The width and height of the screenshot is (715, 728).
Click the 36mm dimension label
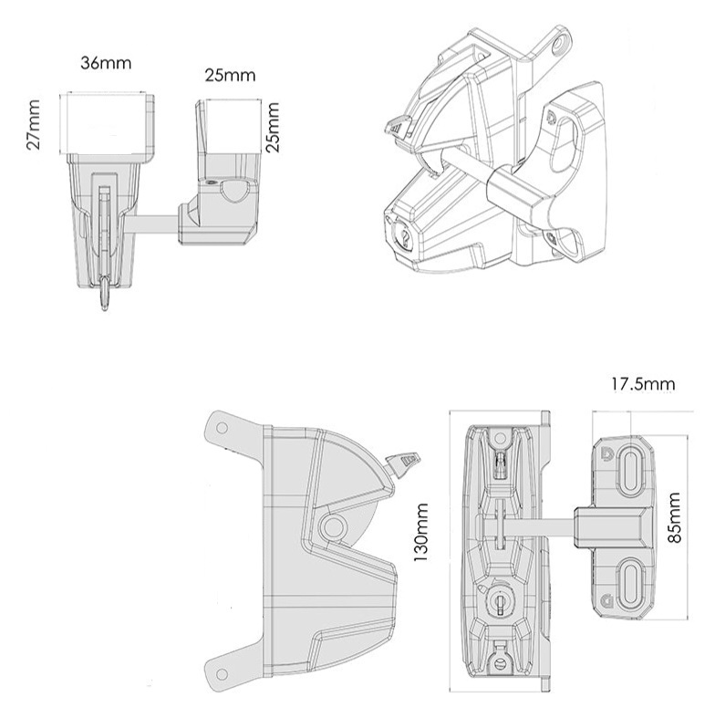point(106,63)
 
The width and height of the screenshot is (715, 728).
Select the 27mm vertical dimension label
point(34,125)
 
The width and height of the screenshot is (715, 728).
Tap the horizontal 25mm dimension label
point(229,75)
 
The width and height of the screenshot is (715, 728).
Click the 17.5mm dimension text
point(642,384)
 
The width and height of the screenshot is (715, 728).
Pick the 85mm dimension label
point(675,518)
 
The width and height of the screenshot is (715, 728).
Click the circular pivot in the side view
point(332,525)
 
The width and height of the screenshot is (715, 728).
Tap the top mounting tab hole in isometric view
point(562,41)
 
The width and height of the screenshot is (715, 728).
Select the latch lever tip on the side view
point(405,462)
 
